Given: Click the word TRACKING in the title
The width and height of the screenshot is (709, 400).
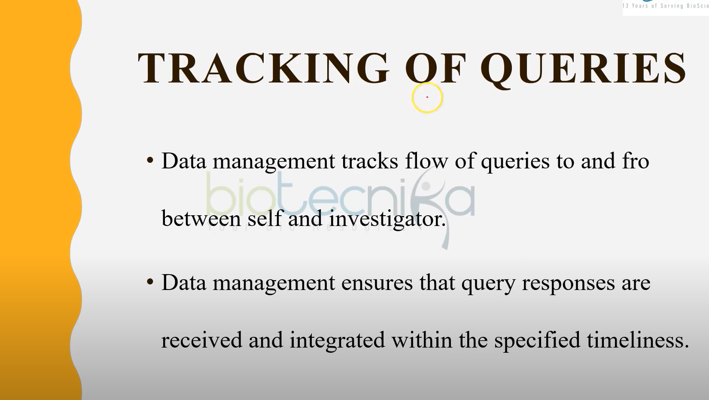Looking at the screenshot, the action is point(263,68).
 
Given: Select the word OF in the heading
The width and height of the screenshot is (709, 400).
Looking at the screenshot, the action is point(435,69).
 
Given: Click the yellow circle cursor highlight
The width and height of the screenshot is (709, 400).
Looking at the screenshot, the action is point(427,98).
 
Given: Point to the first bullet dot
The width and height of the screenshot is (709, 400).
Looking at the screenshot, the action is point(150,160).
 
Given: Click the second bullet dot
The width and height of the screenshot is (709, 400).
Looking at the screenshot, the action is point(150,281).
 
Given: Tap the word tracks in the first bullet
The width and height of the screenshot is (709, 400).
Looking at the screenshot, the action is point(369,161).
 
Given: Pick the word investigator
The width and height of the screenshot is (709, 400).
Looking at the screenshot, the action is point(387,219).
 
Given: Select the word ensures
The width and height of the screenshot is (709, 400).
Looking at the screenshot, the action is point(377,283).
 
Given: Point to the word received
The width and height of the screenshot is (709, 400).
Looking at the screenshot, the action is point(202,340).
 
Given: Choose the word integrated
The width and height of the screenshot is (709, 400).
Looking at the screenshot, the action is point(337,341).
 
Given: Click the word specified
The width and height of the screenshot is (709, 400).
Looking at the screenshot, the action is point(537,341).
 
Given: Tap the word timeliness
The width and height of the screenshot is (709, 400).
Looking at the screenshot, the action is point(638,339).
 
